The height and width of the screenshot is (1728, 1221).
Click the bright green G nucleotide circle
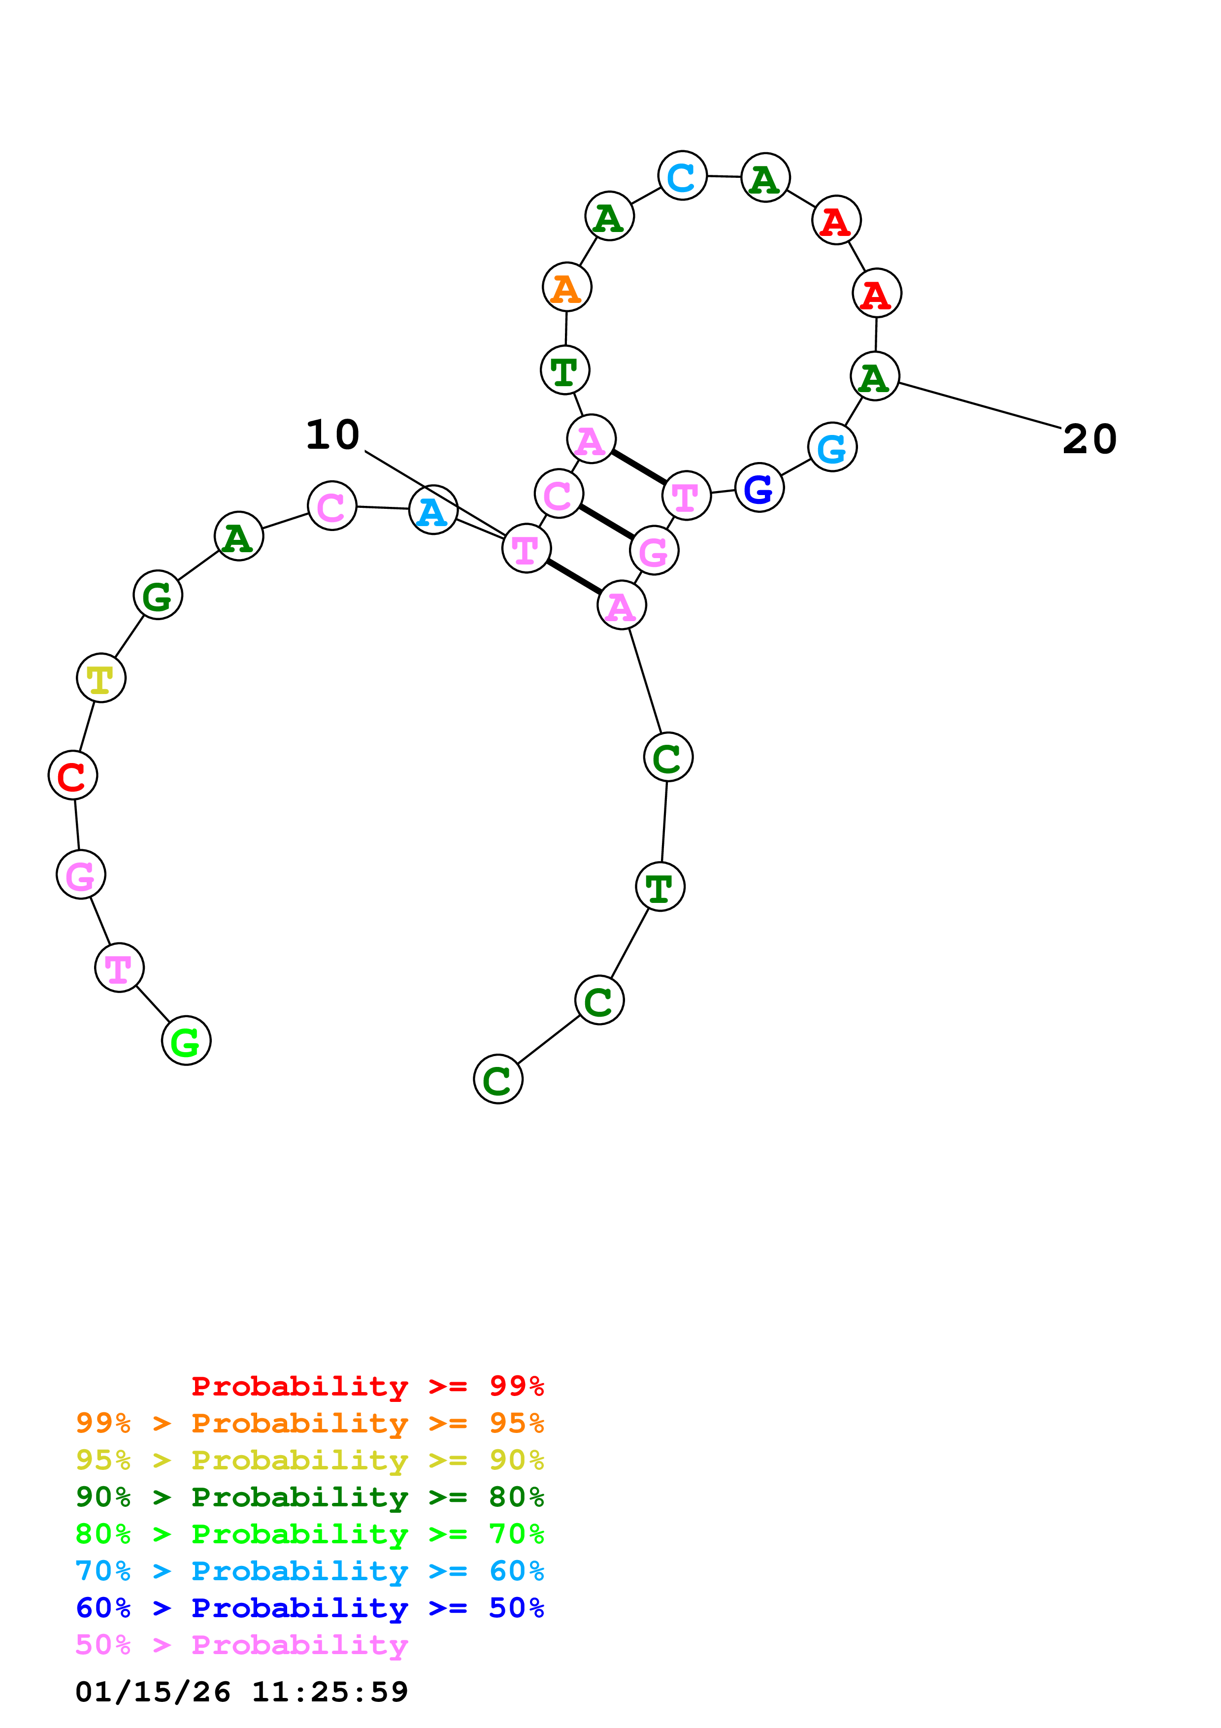186,1041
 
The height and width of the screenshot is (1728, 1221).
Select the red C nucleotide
73,775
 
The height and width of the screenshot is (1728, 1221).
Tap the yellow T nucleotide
101,678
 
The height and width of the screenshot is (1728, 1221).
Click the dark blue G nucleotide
759,488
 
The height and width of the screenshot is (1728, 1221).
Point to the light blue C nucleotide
682,176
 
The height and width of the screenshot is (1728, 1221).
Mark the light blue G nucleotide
832,447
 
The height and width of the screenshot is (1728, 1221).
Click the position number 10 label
332,435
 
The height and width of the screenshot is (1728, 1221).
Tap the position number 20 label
1089,439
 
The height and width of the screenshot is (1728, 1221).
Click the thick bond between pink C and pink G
606,522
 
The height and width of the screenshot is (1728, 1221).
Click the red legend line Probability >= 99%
367,1386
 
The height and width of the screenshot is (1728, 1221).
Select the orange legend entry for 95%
309,1423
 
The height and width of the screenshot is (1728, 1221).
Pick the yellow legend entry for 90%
309,1460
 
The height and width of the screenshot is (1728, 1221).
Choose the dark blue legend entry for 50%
309,1608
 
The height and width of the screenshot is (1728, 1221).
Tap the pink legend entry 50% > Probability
241,1644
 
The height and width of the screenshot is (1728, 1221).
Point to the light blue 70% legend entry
309,1571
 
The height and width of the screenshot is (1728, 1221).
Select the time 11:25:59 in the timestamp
330,1692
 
